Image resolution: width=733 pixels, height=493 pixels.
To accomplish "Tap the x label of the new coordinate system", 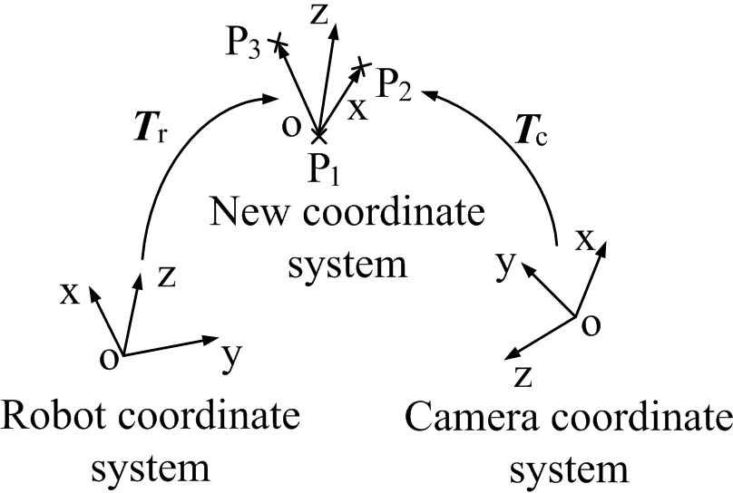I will [359, 108].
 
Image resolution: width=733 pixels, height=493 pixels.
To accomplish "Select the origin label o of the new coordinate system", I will [290, 124].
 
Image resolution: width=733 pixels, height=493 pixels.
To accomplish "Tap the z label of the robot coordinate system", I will [166, 276].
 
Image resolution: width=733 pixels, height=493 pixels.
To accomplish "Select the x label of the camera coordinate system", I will [586, 241].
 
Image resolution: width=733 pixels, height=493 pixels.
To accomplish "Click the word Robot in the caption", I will [51, 419].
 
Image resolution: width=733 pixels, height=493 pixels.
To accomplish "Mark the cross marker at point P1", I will [318, 138].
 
